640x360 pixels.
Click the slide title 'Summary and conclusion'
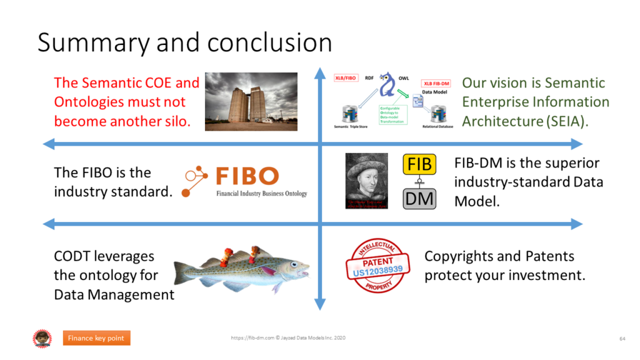click(x=184, y=42)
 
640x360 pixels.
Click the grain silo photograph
click(x=251, y=101)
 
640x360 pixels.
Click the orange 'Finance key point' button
click(x=97, y=339)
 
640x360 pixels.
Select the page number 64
click(x=622, y=339)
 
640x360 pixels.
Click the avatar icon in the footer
click(x=42, y=339)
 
